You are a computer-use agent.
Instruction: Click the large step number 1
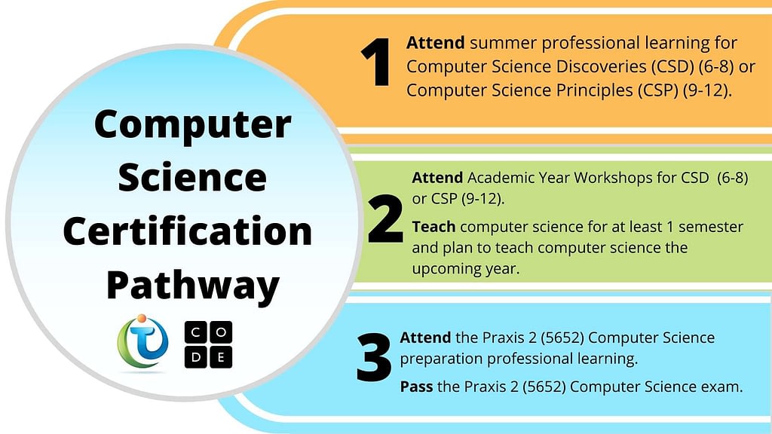pos(377,62)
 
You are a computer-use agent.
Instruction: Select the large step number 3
pos(374,357)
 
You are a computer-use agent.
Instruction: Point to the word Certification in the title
pos(188,231)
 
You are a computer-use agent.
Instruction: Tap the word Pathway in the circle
pos(193,286)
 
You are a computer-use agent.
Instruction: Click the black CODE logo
pos(208,344)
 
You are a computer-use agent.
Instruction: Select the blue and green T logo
pos(142,343)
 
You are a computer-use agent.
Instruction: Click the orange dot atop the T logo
pos(142,319)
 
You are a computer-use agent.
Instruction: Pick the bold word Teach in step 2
pos(433,227)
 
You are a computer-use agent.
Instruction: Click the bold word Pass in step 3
pos(416,387)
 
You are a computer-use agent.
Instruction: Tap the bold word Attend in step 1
pos(435,43)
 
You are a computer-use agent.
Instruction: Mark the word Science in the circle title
pos(192,177)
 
